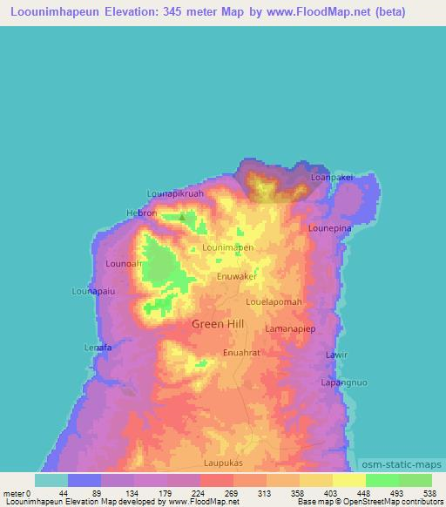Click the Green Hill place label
218,323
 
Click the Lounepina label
330,227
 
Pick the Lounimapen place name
228,247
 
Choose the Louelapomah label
274,302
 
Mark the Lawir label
336,355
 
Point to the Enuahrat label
242,353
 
